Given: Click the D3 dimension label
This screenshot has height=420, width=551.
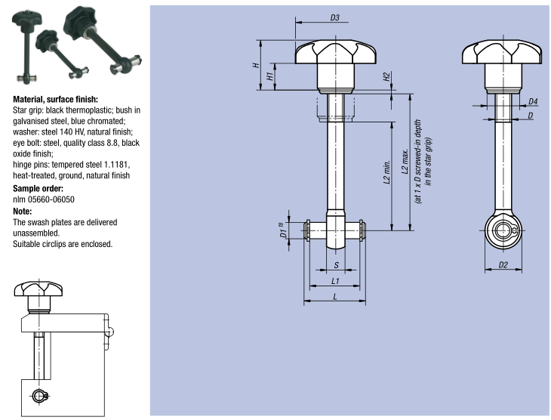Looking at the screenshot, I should point(335,17).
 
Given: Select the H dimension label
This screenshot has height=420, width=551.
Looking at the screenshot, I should point(257,66).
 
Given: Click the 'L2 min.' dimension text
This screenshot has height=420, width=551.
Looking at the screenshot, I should point(386,173).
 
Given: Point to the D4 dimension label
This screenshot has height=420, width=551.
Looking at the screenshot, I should point(533,101).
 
